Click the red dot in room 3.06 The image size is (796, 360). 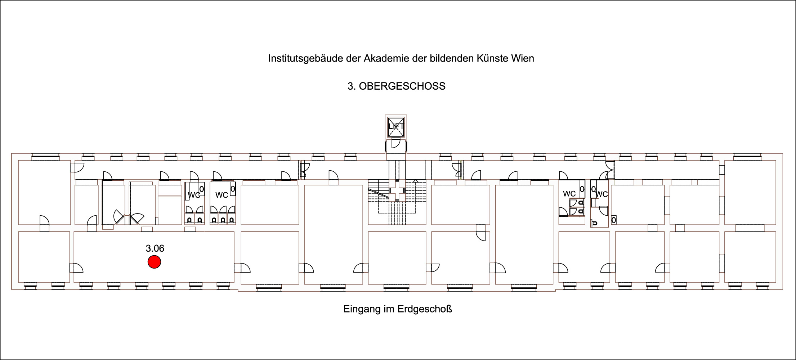coord(154,262)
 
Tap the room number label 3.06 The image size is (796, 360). coord(155,248)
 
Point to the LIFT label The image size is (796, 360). coord(396,126)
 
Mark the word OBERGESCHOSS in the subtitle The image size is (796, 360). coord(402,86)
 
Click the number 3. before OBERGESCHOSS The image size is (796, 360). coord(352,86)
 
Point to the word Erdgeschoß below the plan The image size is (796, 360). coord(425,309)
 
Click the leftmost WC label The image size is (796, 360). coord(194,195)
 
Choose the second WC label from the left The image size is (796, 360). coord(222,195)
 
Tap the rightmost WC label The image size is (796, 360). coord(602,194)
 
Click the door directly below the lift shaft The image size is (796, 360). coord(395,143)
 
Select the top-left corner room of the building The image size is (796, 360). coord(44,192)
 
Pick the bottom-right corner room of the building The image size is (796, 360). coord(750,257)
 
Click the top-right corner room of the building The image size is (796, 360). coord(750,192)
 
